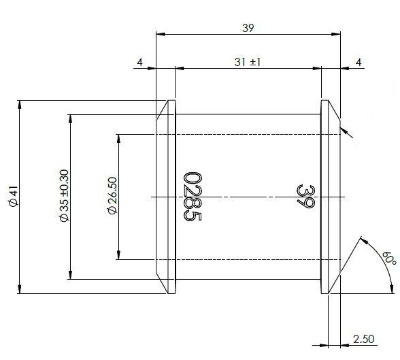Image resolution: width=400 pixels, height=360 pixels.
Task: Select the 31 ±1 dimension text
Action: (x=247, y=62)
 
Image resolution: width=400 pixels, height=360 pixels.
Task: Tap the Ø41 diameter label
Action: (x=12, y=197)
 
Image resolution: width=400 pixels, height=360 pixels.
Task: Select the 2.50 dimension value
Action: (x=364, y=338)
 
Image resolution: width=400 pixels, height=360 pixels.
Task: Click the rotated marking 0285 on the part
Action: (x=192, y=196)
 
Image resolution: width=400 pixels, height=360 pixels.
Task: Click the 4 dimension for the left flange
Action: (x=139, y=62)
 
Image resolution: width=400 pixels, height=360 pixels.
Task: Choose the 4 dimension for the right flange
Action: (x=359, y=62)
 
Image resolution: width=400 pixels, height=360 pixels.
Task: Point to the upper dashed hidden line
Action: (x=245, y=134)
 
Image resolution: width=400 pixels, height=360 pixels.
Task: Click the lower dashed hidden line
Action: (x=245, y=259)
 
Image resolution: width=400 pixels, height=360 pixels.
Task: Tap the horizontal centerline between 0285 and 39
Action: (x=245, y=197)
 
